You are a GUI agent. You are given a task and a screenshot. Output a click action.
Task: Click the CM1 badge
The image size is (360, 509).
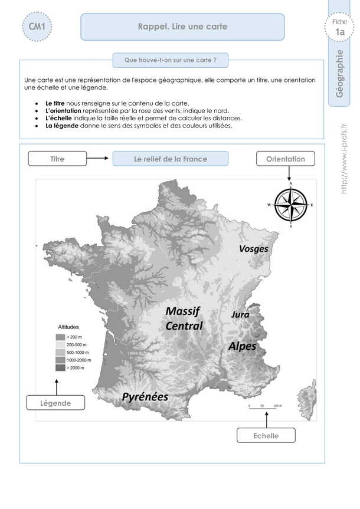click(x=37, y=27)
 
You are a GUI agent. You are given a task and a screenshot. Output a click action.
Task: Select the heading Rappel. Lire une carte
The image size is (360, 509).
click(x=182, y=27)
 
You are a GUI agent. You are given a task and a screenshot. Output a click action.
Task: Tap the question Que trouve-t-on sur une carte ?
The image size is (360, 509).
click(x=171, y=60)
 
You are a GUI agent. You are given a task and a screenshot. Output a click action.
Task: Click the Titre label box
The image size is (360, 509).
click(x=57, y=159)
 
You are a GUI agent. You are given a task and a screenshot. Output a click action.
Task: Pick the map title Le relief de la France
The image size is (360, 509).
click(x=170, y=159)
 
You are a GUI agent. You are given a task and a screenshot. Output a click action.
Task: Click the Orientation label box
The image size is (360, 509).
click(x=285, y=159)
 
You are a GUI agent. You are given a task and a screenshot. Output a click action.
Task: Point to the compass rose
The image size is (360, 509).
click(x=290, y=205)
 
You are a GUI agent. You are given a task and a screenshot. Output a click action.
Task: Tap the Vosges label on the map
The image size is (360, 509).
click(x=253, y=249)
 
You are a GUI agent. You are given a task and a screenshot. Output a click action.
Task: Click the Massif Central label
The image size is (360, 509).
click(x=184, y=318)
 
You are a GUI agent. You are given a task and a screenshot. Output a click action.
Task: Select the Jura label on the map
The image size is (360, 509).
click(x=240, y=314)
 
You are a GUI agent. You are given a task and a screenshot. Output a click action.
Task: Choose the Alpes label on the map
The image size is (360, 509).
click(x=242, y=346)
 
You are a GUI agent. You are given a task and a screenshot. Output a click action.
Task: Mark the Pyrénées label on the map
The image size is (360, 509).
click(x=145, y=397)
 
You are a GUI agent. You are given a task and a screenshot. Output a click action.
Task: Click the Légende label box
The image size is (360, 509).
click(x=56, y=403)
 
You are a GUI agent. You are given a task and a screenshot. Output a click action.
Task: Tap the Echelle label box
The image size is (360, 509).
click(x=266, y=435)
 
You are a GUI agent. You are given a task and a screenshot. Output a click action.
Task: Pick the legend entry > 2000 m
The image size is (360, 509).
click(x=71, y=367)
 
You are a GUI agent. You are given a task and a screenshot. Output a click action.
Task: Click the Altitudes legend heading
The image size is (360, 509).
click(x=68, y=326)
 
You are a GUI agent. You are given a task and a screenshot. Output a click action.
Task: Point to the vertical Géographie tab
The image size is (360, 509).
click(x=338, y=73)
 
